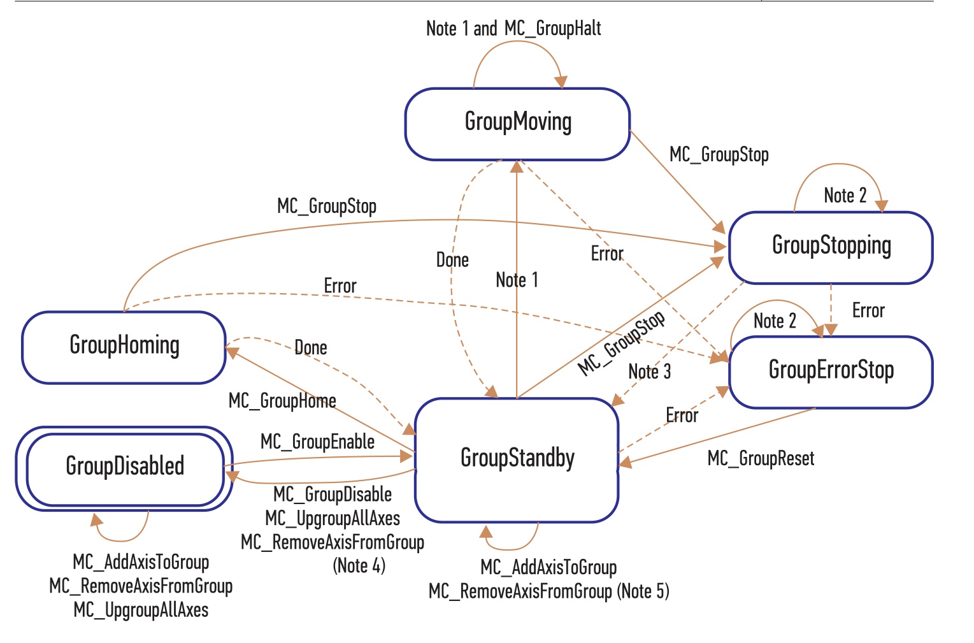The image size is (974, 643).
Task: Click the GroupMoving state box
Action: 517,124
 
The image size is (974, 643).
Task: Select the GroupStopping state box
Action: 831,247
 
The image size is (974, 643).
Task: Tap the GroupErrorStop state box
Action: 831,372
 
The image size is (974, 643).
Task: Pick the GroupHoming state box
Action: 124,347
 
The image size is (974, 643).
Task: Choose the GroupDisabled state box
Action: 124,468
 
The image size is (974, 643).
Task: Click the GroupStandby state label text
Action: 517,458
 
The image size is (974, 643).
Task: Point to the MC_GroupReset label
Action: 761,459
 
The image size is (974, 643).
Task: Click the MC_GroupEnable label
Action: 317,442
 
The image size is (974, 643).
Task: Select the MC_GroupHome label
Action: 282,401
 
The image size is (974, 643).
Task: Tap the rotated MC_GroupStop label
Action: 621,343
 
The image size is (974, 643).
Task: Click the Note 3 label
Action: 650,372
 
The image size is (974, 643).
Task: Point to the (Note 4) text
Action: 359,566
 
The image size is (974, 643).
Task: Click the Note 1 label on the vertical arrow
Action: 517,280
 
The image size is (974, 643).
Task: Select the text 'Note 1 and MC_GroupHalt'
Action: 513,29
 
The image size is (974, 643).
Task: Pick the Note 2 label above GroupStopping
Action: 845,196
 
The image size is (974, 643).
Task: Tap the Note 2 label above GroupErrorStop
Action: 775,321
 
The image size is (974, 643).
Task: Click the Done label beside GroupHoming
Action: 310,347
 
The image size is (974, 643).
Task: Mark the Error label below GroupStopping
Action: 868,310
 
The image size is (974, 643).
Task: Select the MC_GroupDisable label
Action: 333,495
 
